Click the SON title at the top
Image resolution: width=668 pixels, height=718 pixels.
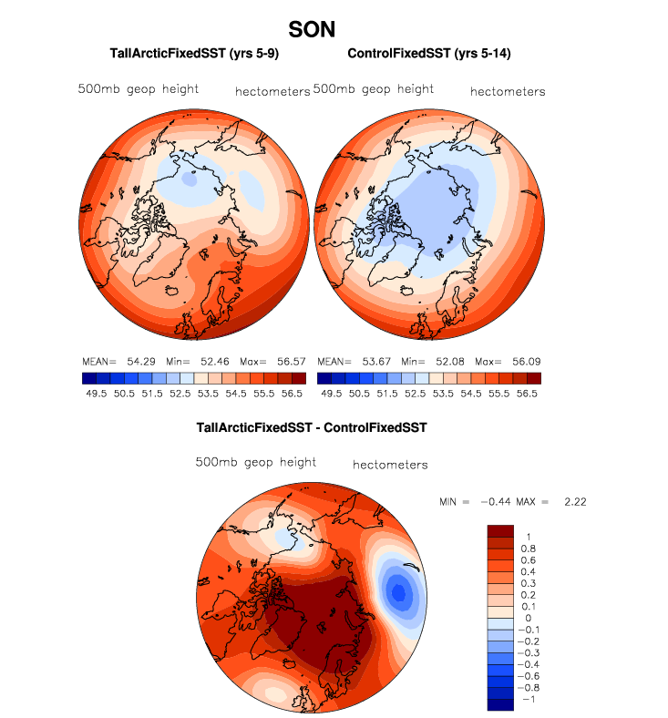point(311,29)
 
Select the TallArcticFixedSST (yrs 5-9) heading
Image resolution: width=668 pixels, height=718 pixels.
point(180,54)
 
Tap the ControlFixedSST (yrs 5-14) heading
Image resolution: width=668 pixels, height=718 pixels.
point(428,54)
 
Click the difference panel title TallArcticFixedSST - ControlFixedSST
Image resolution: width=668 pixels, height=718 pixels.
point(312,426)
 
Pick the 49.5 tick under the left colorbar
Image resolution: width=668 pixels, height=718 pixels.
point(96,394)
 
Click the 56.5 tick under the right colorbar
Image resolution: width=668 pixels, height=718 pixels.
point(526,394)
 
